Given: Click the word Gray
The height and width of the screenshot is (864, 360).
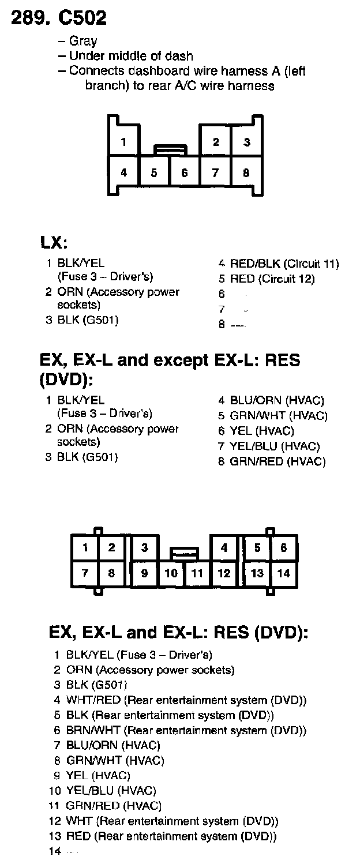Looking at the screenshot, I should pos(83,41).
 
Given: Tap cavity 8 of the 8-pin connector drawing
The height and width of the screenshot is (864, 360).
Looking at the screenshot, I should pos(246,172).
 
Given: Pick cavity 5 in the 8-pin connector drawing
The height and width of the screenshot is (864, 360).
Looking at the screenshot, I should pos(155,172).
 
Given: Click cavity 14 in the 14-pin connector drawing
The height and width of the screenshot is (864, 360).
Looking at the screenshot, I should pos(283,573).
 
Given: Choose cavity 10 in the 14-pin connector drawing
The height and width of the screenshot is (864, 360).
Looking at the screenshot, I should pos(171,573).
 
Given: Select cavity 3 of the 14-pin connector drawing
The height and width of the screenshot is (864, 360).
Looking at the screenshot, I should pos(145,548).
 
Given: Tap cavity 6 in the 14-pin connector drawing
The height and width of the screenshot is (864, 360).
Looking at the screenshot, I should pos(283,548).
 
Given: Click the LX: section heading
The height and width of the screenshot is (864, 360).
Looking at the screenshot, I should pos(55,243).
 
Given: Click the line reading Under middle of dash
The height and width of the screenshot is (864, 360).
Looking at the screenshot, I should pos(131,56).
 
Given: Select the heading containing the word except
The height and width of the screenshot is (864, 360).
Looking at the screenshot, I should pos(170,361).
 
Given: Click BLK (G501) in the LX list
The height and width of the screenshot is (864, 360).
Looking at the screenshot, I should pos(88,320).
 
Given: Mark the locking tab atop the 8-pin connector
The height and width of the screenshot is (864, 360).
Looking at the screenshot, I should pos(170,150).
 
